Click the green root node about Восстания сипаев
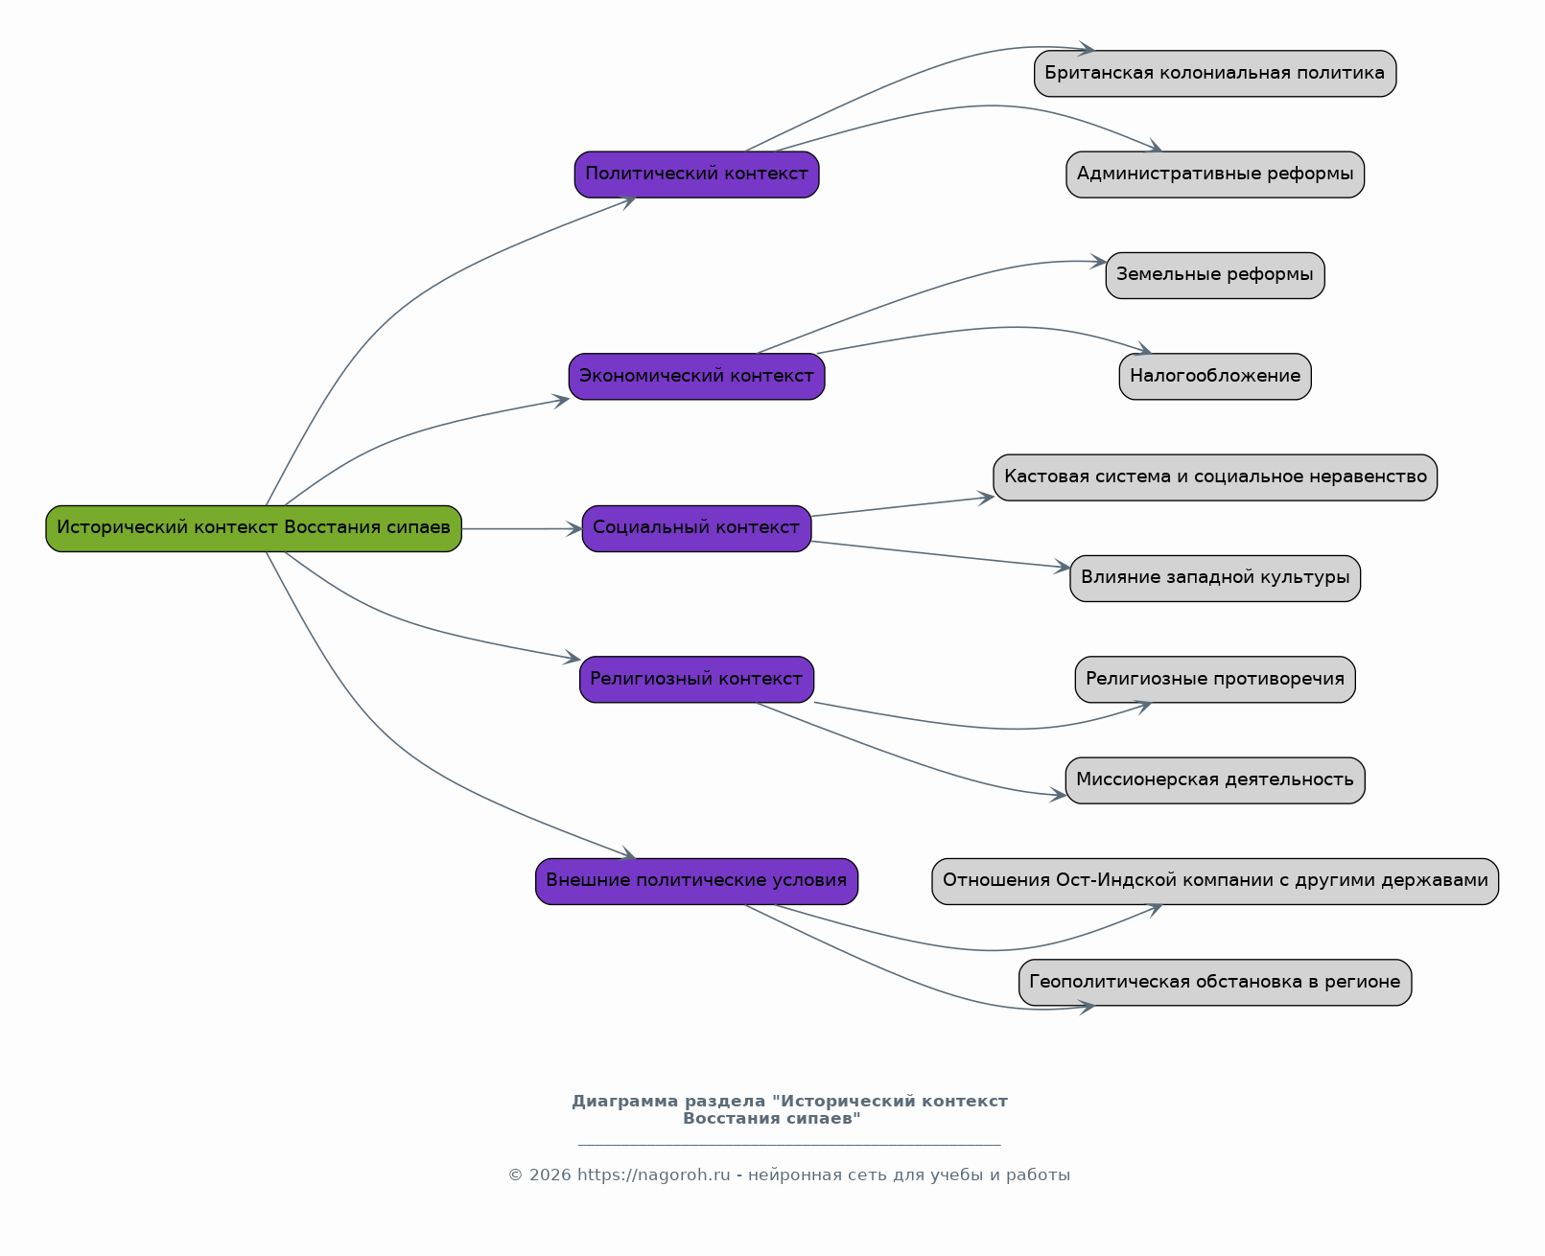point(254,528)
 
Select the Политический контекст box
point(696,174)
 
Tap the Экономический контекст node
point(696,377)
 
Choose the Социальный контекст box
point(696,528)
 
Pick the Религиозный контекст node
point(696,680)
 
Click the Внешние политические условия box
point(696,881)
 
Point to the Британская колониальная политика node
point(1215,73)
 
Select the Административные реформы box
point(1215,174)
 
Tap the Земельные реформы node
point(1215,275)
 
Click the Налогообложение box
point(1215,377)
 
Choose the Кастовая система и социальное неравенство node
point(1215,477)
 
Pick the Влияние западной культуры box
point(1215,579)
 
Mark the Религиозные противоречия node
point(1215,680)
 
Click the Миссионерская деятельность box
point(1215,780)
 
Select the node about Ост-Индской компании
point(1215,881)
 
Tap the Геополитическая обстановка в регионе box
point(1215,982)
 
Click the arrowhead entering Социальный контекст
point(574,528)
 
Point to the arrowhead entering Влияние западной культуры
point(1062,567)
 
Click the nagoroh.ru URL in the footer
point(653,1175)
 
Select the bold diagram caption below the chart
point(789,1108)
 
